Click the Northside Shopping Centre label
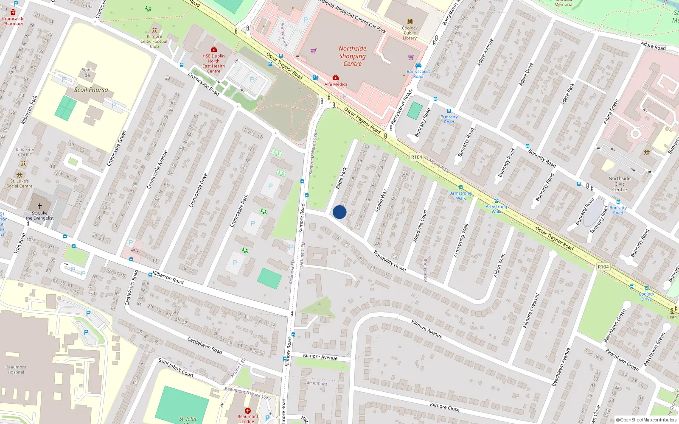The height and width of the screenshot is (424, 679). tap(352, 56)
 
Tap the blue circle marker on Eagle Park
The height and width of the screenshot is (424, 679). tap(339, 212)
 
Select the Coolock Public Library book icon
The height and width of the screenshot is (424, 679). tap(410, 22)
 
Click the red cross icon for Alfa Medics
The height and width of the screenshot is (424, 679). tap(335, 78)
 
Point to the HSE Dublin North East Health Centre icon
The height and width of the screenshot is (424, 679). tap(214, 50)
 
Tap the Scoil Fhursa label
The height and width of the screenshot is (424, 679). tap(91, 90)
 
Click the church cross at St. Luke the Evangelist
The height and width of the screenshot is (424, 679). tap(40, 206)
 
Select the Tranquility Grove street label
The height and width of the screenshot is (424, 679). tap(389, 261)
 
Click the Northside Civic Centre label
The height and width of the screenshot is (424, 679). tap(619, 184)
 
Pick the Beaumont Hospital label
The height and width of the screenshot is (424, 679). tap(16, 370)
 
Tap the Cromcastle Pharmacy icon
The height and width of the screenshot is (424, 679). tap(13, 12)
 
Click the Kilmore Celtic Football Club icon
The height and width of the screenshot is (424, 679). tap(154, 31)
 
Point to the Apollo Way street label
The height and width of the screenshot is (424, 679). tap(381, 201)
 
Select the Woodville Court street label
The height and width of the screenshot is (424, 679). tap(420, 226)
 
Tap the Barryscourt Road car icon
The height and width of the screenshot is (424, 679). tap(418, 65)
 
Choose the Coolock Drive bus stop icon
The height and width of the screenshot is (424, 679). tap(646, 288)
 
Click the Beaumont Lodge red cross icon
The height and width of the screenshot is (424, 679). tap(248, 410)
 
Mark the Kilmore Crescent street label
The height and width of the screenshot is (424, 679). tap(531, 310)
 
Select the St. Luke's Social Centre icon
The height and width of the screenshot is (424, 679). tap(20, 175)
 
